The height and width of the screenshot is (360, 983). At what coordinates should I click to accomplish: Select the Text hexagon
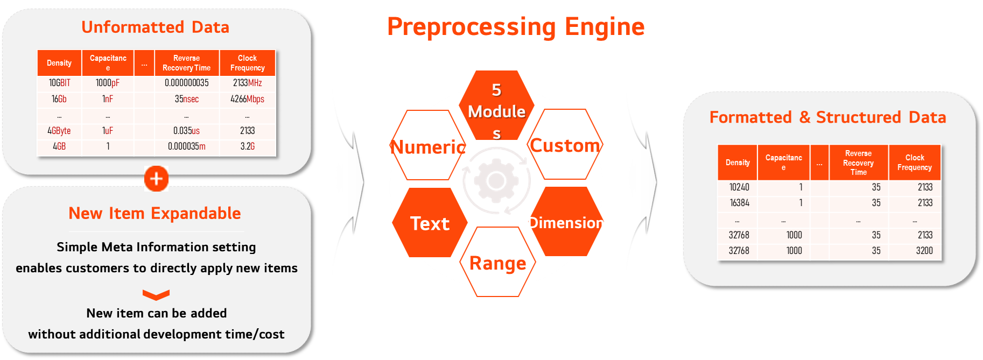click(430, 222)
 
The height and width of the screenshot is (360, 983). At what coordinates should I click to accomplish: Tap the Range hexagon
click(498, 262)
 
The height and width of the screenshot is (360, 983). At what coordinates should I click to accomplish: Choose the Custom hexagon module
click(565, 144)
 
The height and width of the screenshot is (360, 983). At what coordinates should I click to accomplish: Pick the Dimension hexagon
click(566, 221)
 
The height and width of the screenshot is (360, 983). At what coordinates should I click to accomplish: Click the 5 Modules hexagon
click(496, 105)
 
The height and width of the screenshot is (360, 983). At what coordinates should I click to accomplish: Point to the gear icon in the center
click(496, 182)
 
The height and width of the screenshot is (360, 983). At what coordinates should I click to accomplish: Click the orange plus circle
click(157, 179)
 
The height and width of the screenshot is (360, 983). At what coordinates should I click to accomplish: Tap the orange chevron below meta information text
click(156, 295)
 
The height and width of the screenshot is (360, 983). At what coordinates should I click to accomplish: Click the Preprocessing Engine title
click(516, 26)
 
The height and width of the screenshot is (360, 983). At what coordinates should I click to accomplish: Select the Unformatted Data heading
click(155, 27)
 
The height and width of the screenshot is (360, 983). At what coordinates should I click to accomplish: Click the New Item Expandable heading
click(155, 214)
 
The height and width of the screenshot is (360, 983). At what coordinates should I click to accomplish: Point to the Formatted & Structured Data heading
click(827, 117)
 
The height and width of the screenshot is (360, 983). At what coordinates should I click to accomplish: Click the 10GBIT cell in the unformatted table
click(59, 83)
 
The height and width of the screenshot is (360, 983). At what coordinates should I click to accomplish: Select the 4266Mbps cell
click(248, 99)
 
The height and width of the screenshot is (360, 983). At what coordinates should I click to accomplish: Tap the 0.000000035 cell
click(187, 83)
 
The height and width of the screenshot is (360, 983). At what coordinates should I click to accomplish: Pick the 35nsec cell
click(187, 99)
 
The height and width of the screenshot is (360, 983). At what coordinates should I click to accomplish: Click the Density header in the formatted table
click(738, 163)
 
